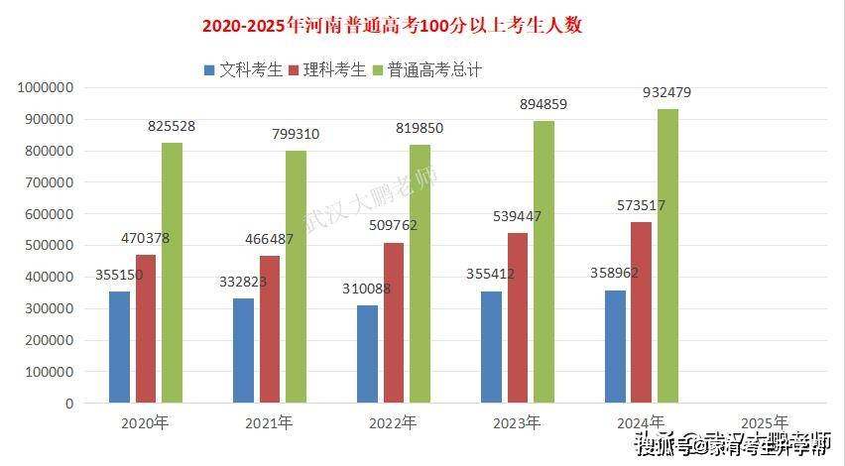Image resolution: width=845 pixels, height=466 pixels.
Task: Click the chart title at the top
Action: (x=392, y=26)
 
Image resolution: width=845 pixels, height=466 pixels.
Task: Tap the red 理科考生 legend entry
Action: (x=327, y=69)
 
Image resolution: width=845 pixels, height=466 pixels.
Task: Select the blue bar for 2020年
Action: (x=119, y=347)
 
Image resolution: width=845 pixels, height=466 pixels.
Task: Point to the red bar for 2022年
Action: (x=394, y=323)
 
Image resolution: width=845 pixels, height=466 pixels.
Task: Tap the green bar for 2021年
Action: (x=296, y=277)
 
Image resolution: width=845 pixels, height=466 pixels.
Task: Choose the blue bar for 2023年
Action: (x=491, y=347)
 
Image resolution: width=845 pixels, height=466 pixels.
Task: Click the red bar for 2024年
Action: (x=641, y=312)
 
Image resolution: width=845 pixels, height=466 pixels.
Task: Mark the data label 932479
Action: (x=667, y=92)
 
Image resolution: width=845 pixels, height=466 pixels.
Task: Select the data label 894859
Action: (x=543, y=104)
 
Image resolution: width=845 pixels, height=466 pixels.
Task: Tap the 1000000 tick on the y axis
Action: (x=46, y=87)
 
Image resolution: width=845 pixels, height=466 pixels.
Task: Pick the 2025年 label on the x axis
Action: (x=765, y=422)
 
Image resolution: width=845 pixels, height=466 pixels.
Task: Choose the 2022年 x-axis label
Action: (x=393, y=422)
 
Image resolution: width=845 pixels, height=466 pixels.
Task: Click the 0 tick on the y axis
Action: (x=69, y=404)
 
